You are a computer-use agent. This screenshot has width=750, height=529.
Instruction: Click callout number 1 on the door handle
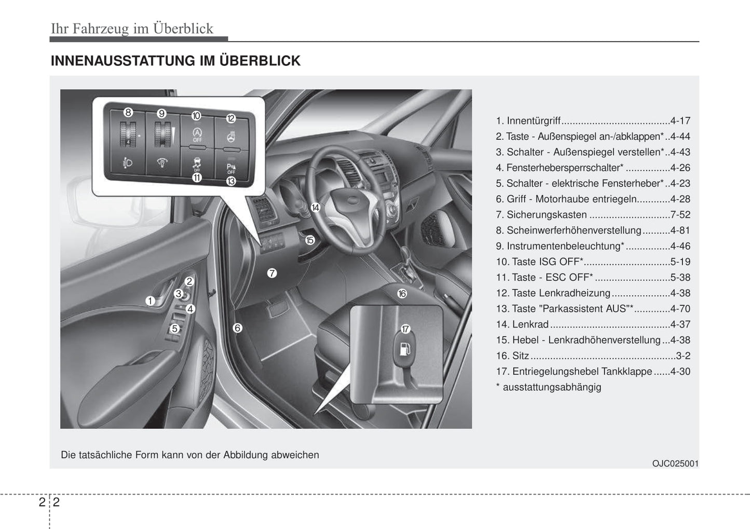[150, 301]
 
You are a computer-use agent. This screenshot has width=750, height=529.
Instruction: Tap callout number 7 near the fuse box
[272, 273]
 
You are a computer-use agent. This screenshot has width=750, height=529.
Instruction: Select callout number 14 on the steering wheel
[315, 208]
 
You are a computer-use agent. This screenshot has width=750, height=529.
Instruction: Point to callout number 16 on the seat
[402, 293]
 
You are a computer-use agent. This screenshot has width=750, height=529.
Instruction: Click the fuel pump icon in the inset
[404, 348]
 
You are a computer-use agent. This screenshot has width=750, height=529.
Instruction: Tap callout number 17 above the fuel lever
[405, 329]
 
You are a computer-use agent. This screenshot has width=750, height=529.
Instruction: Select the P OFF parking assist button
[231, 167]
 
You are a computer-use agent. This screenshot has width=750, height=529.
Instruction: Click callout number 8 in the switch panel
[128, 112]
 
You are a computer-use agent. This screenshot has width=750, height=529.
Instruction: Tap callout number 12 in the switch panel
[230, 118]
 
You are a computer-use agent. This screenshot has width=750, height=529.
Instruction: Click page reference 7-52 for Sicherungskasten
[680, 214]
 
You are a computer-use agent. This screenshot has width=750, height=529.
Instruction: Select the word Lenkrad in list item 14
[530, 324]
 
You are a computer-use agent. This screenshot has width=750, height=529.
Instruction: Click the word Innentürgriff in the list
[534, 121]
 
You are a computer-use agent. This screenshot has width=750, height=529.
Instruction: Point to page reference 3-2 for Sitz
[683, 356]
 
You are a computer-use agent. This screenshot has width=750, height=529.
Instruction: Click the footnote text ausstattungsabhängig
[552, 387]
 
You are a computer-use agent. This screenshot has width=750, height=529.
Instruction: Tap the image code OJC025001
[675, 464]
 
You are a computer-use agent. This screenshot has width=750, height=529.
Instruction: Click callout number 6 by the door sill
[237, 328]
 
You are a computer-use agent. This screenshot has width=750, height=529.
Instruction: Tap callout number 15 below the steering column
[310, 240]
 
